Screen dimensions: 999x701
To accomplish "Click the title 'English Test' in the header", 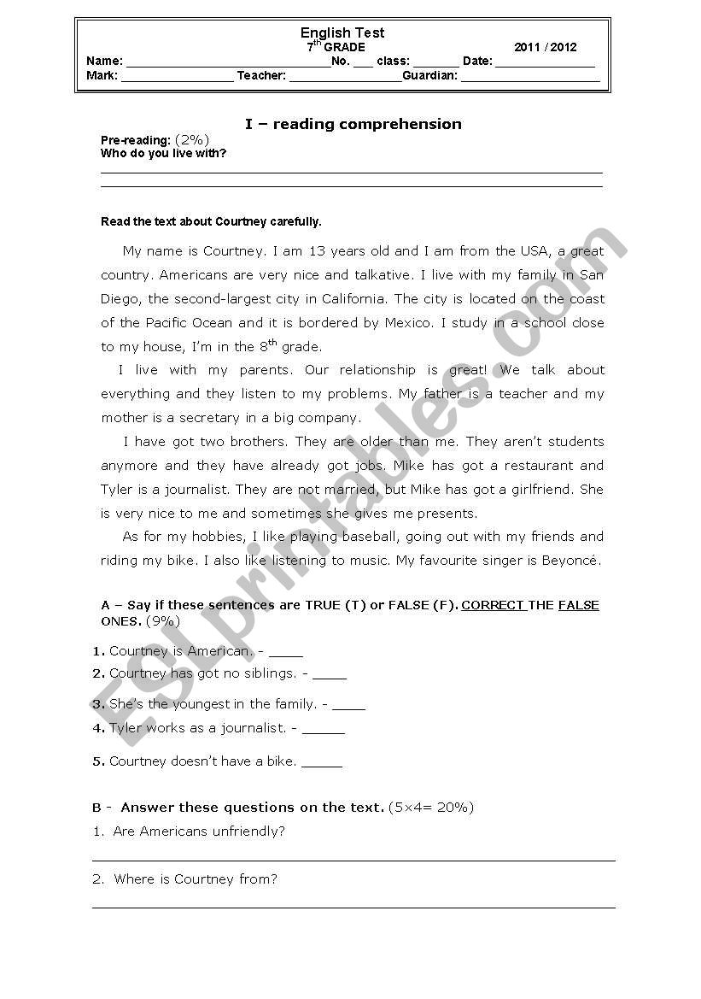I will click(x=342, y=32).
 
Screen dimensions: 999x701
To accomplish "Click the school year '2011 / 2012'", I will click(x=546, y=48).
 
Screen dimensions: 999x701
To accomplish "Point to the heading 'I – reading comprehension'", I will click(x=353, y=124).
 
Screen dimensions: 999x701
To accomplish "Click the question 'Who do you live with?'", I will click(x=163, y=154).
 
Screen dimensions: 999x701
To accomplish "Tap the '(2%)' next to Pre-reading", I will click(x=192, y=139).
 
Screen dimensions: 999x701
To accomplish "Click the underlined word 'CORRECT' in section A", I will click(x=493, y=605).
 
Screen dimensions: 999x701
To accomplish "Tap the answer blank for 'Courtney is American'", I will click(x=285, y=654).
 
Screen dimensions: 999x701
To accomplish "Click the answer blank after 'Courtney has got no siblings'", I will click(x=330, y=675).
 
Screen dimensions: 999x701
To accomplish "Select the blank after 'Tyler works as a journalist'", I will click(x=323, y=731).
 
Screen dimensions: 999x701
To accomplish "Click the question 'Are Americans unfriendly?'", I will click(x=199, y=832).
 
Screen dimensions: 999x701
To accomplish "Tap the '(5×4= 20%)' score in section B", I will click(x=430, y=808).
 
